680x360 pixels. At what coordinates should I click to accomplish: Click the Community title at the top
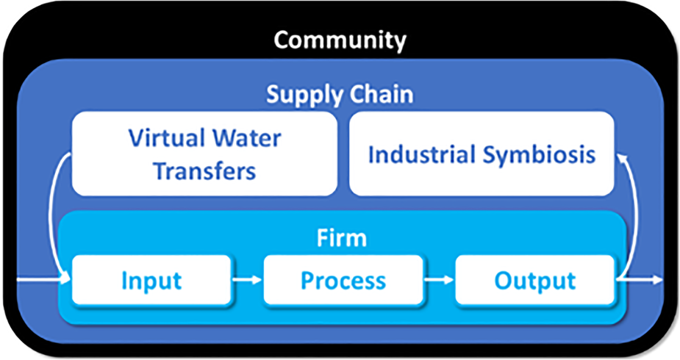340,41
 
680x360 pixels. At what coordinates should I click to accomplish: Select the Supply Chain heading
340,95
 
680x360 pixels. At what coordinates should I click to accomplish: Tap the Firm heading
342,238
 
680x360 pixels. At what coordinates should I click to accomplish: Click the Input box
151,280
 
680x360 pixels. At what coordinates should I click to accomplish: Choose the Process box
343,280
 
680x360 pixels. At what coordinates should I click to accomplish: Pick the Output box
534,280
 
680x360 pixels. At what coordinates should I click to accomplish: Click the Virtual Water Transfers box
204,154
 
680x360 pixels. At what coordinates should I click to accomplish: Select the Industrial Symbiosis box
482,154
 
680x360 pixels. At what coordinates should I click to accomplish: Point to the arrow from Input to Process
247,280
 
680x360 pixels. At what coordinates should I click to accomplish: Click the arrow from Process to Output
439,280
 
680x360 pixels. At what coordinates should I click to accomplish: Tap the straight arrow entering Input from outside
43,280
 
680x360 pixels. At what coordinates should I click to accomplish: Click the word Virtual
166,138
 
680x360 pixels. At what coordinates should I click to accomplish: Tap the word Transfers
204,170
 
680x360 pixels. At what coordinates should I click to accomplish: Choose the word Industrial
421,154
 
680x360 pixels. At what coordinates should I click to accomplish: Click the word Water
246,138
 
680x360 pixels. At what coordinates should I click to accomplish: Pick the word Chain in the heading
382,94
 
